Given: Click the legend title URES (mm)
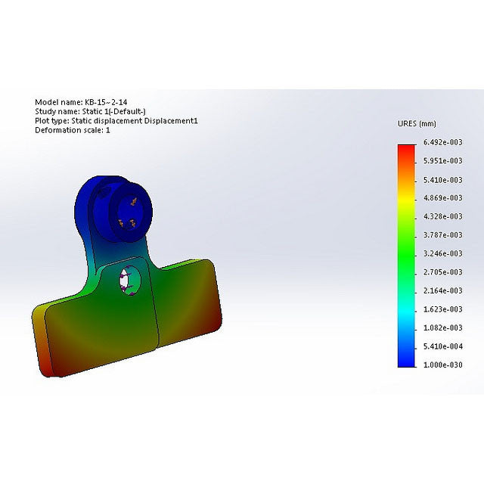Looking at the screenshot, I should (417, 123).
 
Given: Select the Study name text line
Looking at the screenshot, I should (90, 111).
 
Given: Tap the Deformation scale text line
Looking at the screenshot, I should (73, 130).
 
